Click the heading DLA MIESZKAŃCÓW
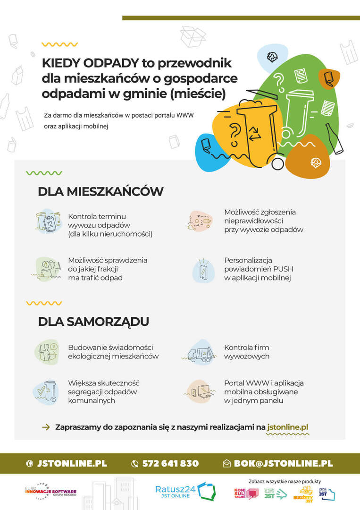100,191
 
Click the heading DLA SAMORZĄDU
93,322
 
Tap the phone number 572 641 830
170,463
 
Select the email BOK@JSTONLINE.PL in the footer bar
283,463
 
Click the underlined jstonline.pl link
287,427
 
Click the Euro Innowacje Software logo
50,491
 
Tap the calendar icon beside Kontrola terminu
49,221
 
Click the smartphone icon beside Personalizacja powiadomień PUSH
203,271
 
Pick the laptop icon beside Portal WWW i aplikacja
201,391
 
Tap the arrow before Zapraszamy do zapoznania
46,427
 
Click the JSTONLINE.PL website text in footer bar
72,463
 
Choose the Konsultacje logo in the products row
245,493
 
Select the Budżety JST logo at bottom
303,493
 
